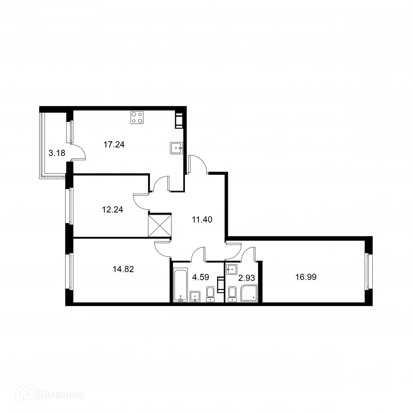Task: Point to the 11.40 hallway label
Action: click(202, 220)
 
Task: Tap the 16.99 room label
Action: click(306, 277)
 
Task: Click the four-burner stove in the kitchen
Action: click(137, 118)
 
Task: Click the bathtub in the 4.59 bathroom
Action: click(180, 285)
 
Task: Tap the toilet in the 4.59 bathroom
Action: click(210, 294)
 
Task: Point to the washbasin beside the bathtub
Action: click(195, 296)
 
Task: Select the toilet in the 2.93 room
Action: click(232, 294)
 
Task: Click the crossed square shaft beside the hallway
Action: click(159, 225)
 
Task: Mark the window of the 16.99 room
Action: click(369, 272)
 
